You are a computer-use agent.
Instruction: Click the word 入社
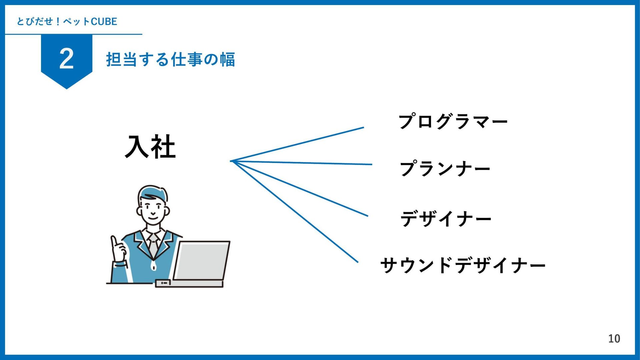150,146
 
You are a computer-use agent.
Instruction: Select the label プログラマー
453,121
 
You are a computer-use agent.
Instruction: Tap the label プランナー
445,169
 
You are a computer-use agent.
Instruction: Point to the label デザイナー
446,219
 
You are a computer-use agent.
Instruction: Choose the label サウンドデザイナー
463,265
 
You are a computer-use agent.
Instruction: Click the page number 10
614,339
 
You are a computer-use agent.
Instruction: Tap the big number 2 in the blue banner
66,59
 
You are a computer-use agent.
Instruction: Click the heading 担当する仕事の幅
170,60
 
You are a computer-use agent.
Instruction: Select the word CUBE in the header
104,22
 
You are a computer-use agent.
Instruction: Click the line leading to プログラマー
297,144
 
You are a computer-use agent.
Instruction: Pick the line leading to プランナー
301,163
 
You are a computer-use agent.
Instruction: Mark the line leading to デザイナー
299,189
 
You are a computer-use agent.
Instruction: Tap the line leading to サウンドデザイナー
294,212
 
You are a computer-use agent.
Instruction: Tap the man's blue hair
154,193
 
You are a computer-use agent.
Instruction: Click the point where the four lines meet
231,161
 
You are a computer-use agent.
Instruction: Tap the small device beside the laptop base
163,283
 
